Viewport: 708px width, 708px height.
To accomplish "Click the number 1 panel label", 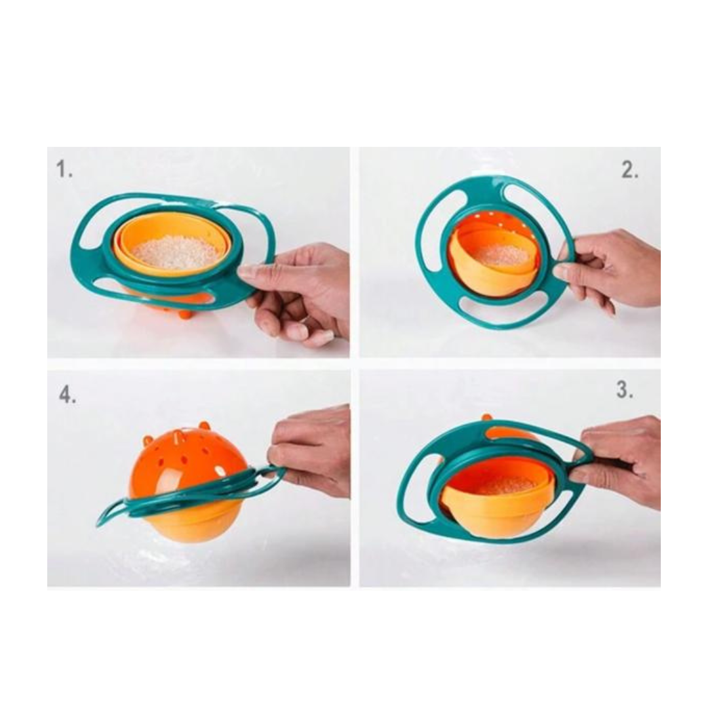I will point(64,170).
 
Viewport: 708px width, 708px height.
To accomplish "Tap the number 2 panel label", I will point(629,170).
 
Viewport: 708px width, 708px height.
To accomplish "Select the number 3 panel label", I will point(624,391).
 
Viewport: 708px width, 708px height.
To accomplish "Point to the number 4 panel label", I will point(67,395).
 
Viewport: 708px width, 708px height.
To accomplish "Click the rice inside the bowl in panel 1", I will point(174,252).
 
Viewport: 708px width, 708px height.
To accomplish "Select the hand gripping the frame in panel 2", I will point(610,269).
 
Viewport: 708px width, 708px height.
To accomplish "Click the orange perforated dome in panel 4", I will point(184,452).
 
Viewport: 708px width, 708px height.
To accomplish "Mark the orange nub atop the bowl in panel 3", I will point(486,418).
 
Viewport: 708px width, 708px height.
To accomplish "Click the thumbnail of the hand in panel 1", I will point(247,270).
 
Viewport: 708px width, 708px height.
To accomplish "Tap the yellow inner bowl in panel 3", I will point(498,511).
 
